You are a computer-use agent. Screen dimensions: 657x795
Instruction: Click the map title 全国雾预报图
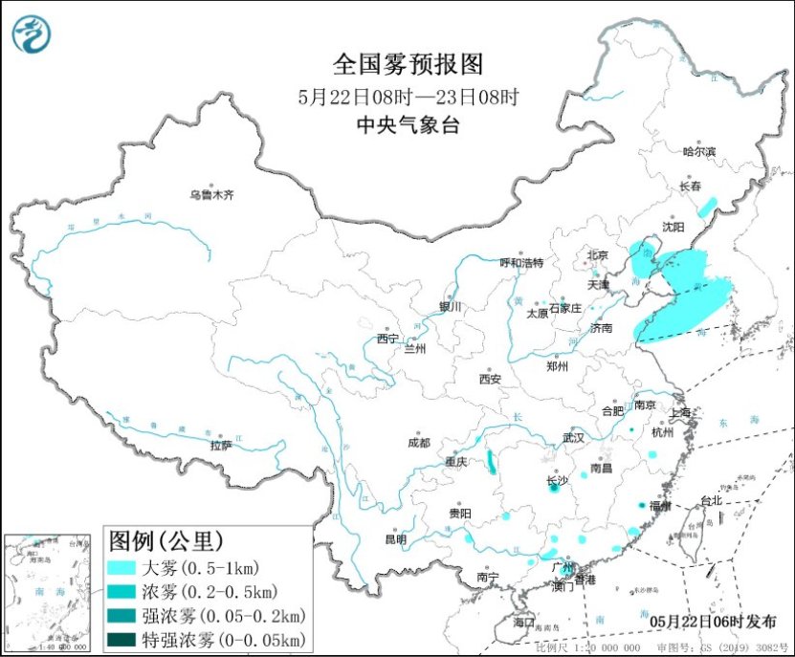[409, 64]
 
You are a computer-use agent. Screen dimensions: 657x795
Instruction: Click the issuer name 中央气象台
[408, 124]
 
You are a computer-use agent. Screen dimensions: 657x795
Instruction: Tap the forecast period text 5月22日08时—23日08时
[408, 97]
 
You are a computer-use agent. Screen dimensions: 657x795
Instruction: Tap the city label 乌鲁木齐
[210, 196]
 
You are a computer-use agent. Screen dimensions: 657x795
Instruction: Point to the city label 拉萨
[221, 445]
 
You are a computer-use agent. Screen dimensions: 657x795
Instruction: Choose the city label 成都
[418, 443]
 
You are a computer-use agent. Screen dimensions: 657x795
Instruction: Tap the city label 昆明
[395, 539]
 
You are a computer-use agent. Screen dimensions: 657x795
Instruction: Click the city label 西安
[490, 379]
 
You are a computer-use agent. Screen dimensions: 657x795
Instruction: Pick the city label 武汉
[573, 437]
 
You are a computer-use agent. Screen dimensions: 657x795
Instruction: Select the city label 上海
[681, 413]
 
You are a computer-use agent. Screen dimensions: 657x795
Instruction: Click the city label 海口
[523, 623]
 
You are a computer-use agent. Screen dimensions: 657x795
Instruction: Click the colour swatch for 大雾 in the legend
[121, 568]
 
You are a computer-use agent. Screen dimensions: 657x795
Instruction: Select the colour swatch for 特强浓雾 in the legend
[121, 638]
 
